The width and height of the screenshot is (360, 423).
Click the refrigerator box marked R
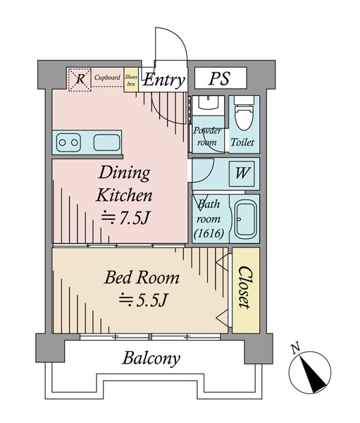point(80,80)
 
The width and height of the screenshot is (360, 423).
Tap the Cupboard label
point(107,78)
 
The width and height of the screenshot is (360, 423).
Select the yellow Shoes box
point(131,80)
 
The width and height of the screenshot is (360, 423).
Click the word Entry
point(163,80)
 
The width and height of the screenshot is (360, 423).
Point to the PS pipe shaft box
point(221,78)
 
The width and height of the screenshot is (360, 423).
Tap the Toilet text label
point(242,142)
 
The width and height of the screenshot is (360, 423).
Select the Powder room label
point(207,136)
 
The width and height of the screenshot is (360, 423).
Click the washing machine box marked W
point(242,173)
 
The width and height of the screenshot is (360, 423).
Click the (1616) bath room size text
point(209,233)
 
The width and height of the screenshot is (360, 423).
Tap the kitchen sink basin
point(107,142)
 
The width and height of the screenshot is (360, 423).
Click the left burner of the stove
point(62,142)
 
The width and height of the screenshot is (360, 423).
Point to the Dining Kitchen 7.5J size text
point(125,218)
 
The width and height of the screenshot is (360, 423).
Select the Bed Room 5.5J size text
point(144,300)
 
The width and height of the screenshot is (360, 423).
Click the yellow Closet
point(246,290)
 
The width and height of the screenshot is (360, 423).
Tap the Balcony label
point(151,359)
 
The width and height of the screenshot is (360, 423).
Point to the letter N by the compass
point(296,348)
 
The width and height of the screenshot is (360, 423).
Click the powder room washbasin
point(208,103)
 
